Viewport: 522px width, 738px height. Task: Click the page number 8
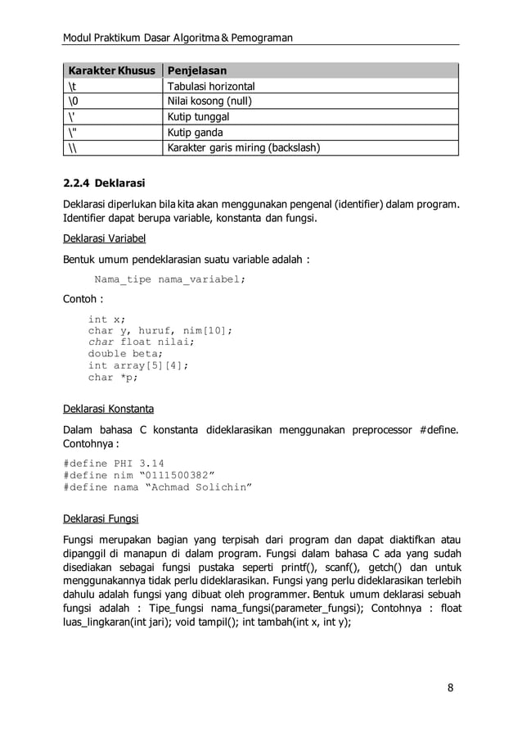pos(450,686)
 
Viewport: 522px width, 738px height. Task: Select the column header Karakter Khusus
pos(111,70)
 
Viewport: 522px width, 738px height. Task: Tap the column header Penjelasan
pos(197,70)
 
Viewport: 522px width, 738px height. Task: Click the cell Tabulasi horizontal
pos(211,86)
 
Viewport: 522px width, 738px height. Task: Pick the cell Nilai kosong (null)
pos(209,102)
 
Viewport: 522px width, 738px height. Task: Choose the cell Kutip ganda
pos(195,133)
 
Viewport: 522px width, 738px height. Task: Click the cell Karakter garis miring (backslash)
pos(243,148)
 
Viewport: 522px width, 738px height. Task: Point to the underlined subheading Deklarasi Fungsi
pos(101,518)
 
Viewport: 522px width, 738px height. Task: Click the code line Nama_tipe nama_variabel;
pos(169,279)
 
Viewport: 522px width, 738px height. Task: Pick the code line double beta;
pos(125,354)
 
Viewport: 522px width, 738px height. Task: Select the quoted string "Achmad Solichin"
pos(198,487)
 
